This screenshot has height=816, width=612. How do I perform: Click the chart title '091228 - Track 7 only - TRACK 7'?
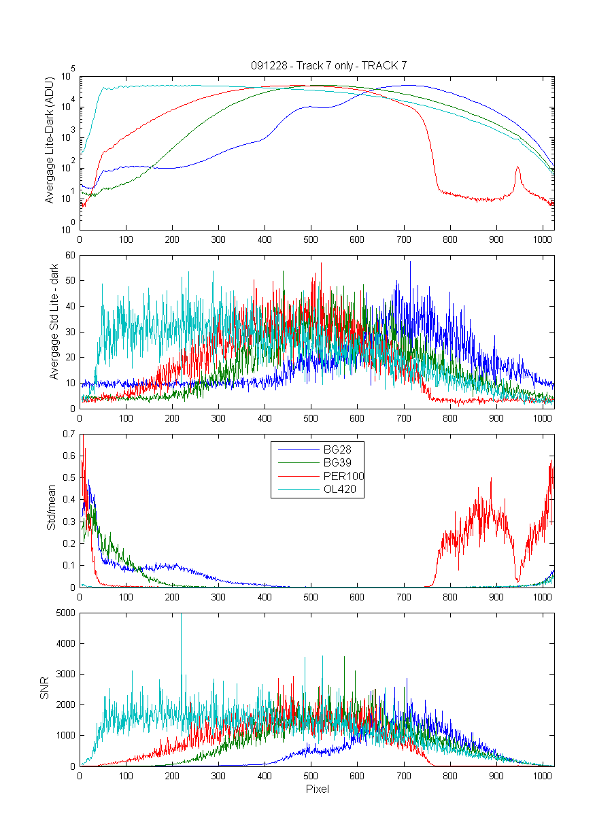coord(329,65)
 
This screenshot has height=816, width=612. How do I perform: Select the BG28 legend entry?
coord(315,450)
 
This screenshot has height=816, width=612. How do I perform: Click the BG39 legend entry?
coord(315,463)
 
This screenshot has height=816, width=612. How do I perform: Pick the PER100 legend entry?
coord(321,476)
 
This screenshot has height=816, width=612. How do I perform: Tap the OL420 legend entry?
coord(318,489)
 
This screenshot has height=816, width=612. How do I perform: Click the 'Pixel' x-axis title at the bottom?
coord(318,789)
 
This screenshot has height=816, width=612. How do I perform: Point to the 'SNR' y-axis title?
coord(44,687)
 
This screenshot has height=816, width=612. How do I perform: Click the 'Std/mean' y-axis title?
coord(51,507)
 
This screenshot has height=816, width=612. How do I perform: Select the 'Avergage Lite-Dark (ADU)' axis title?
coord(49,140)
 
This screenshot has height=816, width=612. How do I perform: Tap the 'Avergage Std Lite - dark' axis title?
coord(54,322)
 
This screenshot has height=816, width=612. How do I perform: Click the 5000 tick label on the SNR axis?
coord(65,613)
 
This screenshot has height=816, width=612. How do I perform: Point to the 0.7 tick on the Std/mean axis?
coord(69,434)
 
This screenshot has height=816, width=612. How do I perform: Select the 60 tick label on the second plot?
coord(70,255)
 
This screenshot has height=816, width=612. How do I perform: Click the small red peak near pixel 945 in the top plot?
coord(517,167)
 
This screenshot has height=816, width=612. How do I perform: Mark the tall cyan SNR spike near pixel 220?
coord(181,632)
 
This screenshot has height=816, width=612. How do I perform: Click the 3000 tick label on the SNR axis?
coord(65,674)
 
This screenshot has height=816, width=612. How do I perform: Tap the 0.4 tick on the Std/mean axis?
coord(69,499)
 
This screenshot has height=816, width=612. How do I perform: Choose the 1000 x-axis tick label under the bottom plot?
coord(542,776)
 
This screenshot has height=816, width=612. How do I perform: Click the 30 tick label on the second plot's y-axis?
coord(70,332)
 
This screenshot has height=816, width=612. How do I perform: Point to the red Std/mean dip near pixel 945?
coord(517,580)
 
